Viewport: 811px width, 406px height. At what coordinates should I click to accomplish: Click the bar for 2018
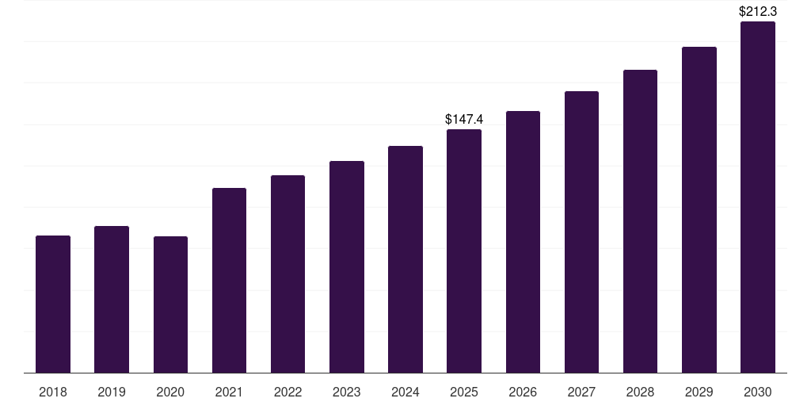(x=53, y=304)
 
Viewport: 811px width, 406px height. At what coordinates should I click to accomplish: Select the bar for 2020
(x=170, y=304)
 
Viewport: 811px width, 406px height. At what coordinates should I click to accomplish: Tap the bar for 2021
(x=229, y=281)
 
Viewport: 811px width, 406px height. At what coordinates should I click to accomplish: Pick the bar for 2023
(x=347, y=267)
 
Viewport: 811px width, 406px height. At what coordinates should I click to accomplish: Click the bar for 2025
(x=464, y=251)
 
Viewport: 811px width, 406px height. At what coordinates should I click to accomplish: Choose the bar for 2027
(x=581, y=232)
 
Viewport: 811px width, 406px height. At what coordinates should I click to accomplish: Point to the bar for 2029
(x=699, y=210)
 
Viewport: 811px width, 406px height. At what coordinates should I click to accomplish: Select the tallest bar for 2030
(x=758, y=197)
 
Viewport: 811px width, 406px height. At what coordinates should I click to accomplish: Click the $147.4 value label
(x=464, y=120)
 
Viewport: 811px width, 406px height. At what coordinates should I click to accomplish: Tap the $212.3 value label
(x=758, y=12)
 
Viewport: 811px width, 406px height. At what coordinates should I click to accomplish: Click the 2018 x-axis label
(x=53, y=393)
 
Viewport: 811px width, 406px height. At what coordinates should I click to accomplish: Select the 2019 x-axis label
(x=112, y=393)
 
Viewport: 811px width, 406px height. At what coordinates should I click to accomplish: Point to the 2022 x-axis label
(x=287, y=393)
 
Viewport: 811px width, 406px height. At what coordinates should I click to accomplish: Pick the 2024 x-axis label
(x=405, y=393)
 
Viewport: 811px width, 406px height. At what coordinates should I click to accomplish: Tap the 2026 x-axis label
(x=523, y=393)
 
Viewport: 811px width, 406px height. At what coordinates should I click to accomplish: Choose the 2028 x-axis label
(x=640, y=393)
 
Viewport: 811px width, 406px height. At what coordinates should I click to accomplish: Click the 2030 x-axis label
(x=758, y=393)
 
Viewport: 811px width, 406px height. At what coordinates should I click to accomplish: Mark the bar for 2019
(x=112, y=300)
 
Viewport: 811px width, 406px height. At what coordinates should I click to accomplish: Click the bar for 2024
(x=405, y=259)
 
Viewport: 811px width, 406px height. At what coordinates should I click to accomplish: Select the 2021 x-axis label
(x=229, y=393)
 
